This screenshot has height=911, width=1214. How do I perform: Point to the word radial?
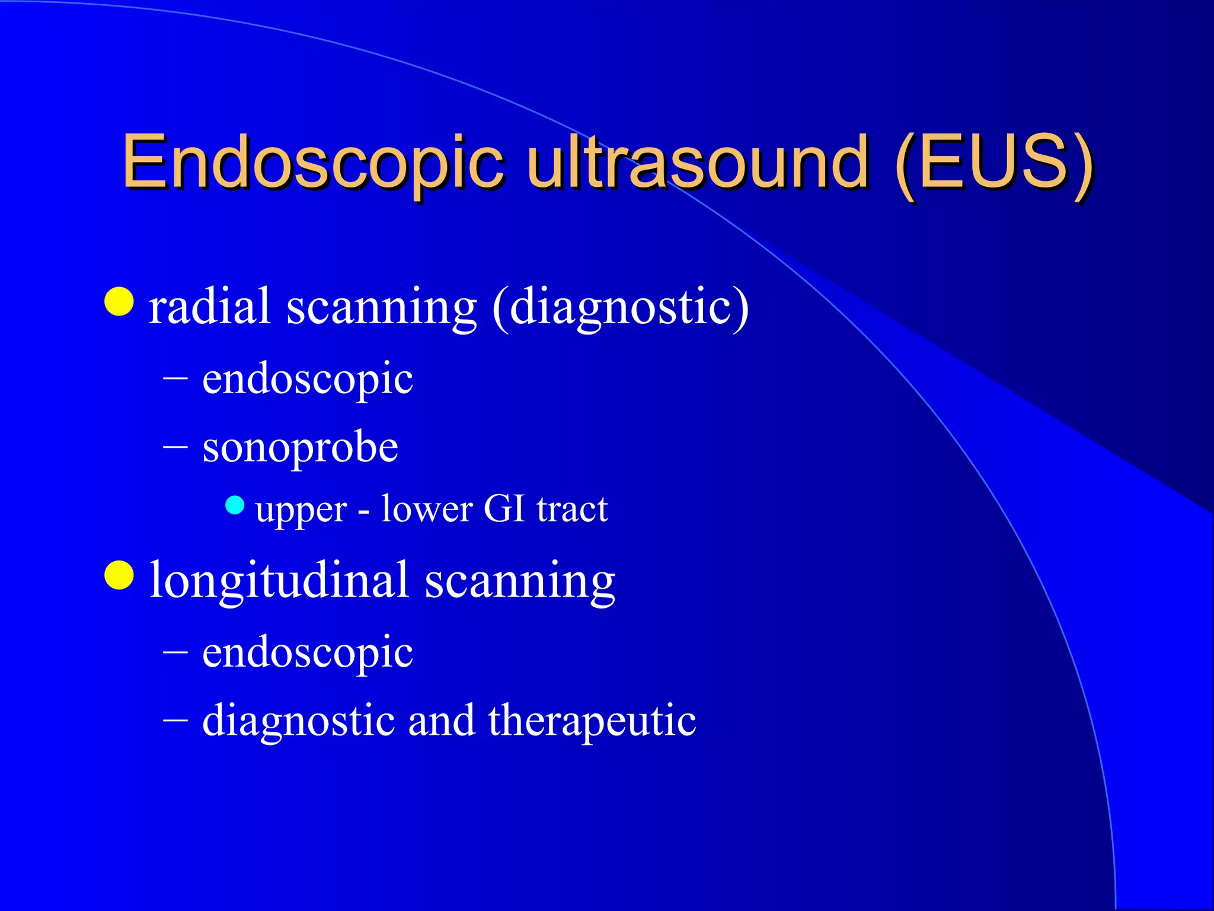coord(210,307)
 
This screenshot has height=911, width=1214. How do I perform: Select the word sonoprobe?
coord(300,447)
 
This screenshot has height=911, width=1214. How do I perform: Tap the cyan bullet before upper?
coord(235,505)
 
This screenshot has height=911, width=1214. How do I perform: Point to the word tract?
coord(572,509)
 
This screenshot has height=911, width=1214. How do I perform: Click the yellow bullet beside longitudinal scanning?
coord(119,575)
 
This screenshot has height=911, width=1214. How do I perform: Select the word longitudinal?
coord(279,580)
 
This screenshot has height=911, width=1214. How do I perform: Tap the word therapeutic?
coord(592,721)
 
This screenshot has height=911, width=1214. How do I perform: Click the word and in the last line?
coord(442,721)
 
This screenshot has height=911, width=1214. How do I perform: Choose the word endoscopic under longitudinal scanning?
coord(307,652)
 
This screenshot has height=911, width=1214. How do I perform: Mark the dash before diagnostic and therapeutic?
coord(175,719)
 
